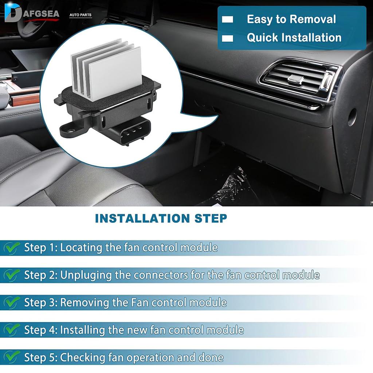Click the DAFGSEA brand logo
click(x=31, y=14)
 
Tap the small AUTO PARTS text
click(x=81, y=15)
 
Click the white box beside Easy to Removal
click(x=228, y=20)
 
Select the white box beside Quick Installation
click(x=228, y=38)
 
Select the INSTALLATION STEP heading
click(x=161, y=218)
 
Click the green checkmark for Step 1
click(x=12, y=248)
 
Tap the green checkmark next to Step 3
click(x=12, y=302)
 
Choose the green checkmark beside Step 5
click(x=12, y=357)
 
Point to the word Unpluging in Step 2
click(x=86, y=275)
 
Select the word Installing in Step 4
click(x=82, y=330)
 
